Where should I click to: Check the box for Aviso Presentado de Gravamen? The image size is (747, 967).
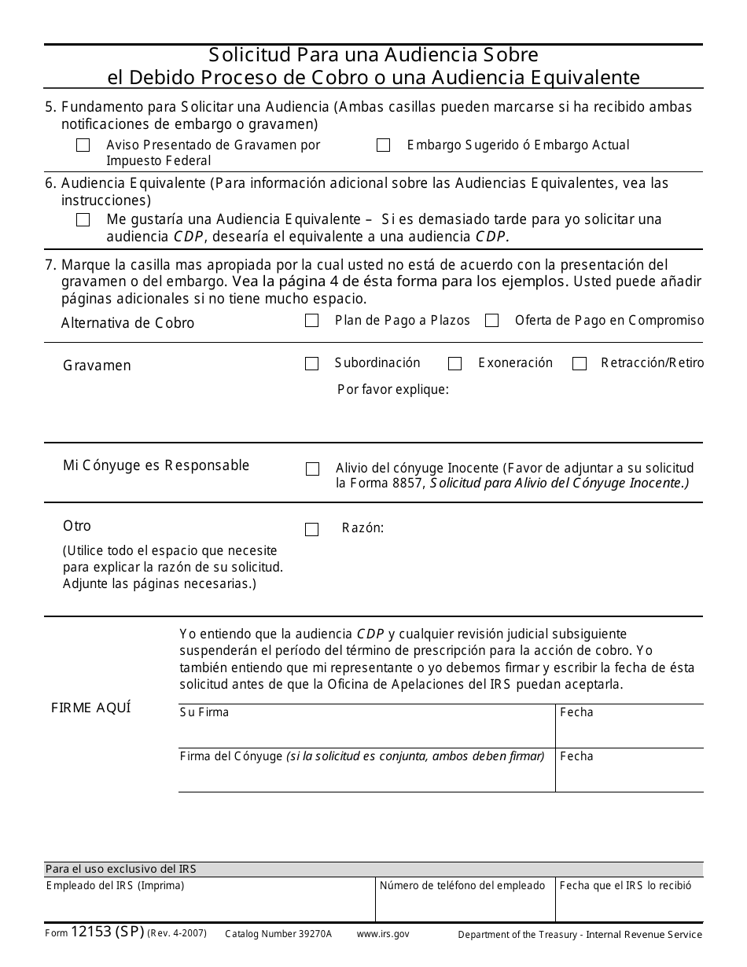[x=83, y=145]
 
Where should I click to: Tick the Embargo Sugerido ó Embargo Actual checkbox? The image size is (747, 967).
[x=383, y=145]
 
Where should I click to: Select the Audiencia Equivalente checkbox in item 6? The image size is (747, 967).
[x=83, y=220]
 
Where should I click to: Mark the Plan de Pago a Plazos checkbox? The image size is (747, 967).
[x=311, y=321]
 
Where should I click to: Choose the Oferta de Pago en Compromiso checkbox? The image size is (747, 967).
[x=491, y=321]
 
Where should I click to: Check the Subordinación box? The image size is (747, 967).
[x=311, y=364]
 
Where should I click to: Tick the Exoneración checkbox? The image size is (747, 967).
[x=454, y=364]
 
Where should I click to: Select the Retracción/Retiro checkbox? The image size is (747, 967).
[x=580, y=364]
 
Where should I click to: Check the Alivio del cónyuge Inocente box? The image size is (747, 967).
[x=312, y=469]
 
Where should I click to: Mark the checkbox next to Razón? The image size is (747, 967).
[x=311, y=530]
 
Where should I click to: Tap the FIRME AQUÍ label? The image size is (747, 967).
[x=91, y=708]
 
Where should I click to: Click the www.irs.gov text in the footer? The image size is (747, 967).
[x=383, y=934]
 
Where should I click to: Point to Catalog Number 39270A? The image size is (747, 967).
[x=278, y=934]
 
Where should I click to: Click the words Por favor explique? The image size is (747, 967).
[x=392, y=389]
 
